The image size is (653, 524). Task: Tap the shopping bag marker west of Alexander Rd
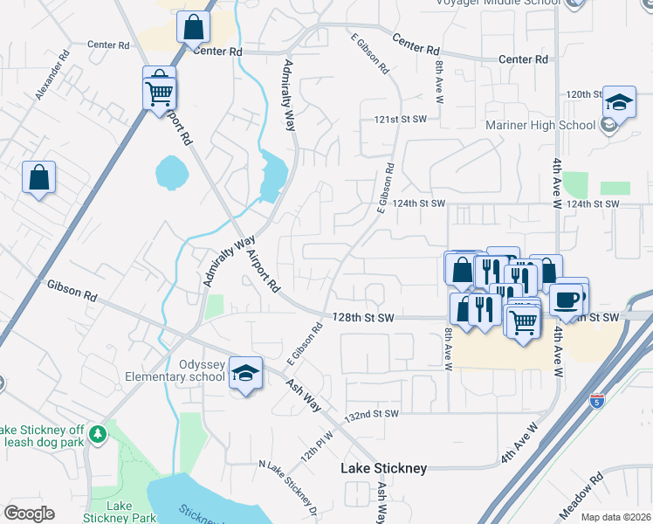coord(39,178)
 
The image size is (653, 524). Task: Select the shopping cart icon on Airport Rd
coord(160,91)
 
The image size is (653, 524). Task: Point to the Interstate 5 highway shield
coord(596,402)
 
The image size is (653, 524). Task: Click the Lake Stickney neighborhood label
coord(383,469)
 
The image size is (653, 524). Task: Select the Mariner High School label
coord(540,125)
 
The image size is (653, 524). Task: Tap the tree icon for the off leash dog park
coord(99,432)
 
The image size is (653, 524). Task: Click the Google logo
coord(29,514)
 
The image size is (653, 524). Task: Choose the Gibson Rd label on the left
coord(72,286)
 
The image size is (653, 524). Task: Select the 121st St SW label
coord(401,118)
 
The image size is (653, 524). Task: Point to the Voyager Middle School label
coord(498,3)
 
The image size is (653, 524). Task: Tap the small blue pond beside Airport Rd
coord(171,172)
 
